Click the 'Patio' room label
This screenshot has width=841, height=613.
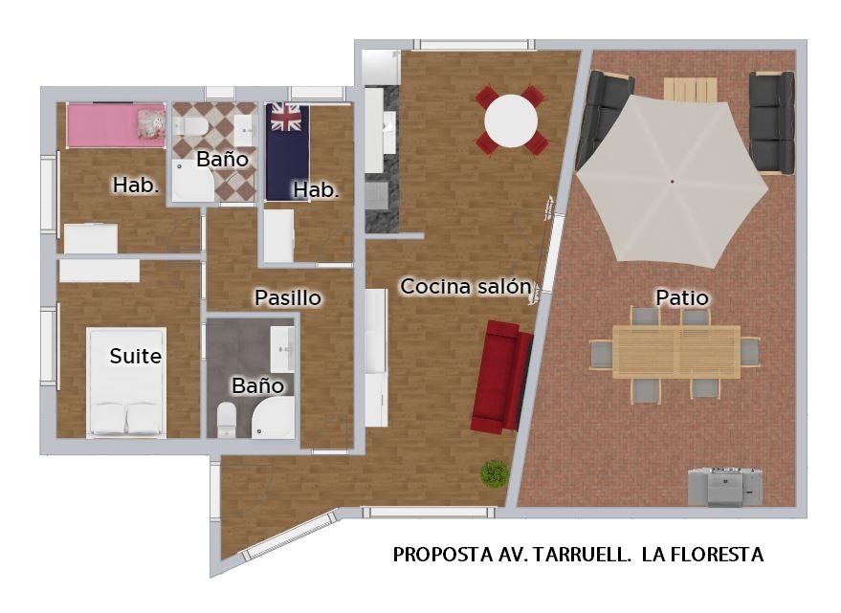[682, 297]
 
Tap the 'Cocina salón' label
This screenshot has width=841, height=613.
[466, 286]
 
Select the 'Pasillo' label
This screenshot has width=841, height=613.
[287, 297]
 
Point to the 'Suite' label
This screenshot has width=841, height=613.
[135, 356]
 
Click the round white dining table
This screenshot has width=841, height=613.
[511, 120]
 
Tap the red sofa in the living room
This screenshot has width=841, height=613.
[501, 377]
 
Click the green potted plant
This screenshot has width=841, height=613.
[495, 473]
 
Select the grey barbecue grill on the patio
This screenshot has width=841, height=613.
[725, 487]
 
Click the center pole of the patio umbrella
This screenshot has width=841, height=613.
[672, 182]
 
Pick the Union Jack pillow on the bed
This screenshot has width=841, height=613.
[285, 118]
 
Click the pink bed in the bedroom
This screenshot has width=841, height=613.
[116, 125]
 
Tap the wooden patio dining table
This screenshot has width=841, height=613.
[675, 352]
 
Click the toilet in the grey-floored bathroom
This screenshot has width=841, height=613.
[227, 420]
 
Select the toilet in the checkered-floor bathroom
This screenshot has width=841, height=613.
[191, 127]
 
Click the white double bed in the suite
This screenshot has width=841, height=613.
[127, 382]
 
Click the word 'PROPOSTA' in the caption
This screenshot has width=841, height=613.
[442, 555]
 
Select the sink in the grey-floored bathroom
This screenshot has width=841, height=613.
[282, 349]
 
